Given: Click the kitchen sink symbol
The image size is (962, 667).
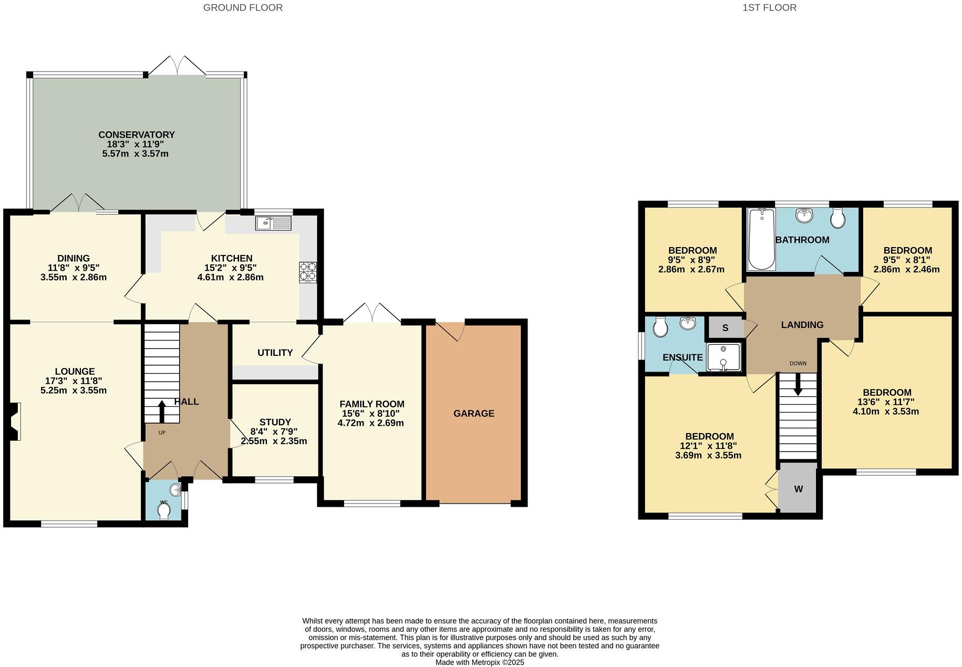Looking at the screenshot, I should point(273,223).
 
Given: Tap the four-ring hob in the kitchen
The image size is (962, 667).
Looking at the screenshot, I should point(308,272).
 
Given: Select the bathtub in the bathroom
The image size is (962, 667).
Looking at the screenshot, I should point(761,239).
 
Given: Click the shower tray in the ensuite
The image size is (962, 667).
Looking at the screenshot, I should point(723,357).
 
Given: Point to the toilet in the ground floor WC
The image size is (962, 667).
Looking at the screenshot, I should point(164,511).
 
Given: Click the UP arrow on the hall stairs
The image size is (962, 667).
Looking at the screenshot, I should point(161,412).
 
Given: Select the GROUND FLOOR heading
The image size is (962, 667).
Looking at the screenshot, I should point(243,8).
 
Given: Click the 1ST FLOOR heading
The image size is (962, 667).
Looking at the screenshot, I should point(769,8).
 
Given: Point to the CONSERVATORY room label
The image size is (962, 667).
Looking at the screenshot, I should point(136,135).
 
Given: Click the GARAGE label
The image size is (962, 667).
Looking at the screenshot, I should point(473,413).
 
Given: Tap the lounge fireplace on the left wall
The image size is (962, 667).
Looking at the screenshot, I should point(15,421).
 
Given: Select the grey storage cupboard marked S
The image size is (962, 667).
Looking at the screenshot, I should point(725,327).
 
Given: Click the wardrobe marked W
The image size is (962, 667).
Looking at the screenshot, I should point(798,488).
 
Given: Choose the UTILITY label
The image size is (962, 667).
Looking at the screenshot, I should point(275,352).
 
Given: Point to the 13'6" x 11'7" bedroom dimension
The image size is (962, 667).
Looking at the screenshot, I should point(886,402).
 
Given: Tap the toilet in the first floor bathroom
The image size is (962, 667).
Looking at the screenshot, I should point(837,218).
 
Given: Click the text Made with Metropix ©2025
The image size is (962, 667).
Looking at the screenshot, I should point(480,662).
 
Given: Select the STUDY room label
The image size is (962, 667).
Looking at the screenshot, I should point(275,422).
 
